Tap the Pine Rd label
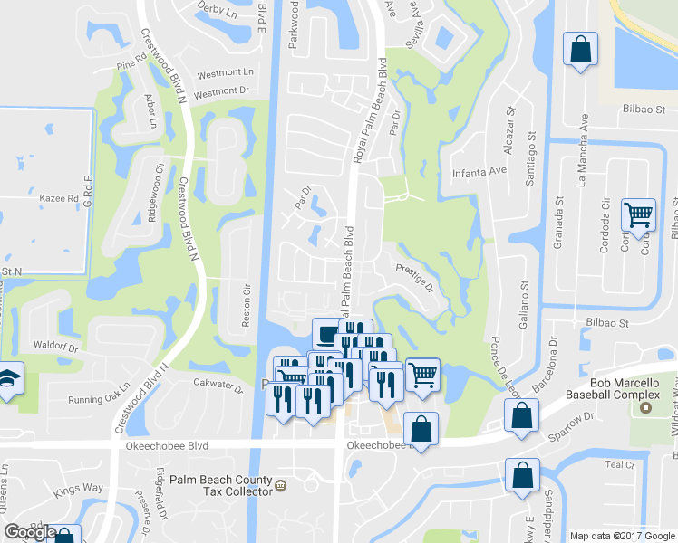tap(131, 65)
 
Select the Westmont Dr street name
tap(221, 91)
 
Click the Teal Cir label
tap(619, 465)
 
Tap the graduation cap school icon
tap(7, 380)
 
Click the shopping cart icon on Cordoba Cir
tap(639, 215)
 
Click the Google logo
tap(30, 533)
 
